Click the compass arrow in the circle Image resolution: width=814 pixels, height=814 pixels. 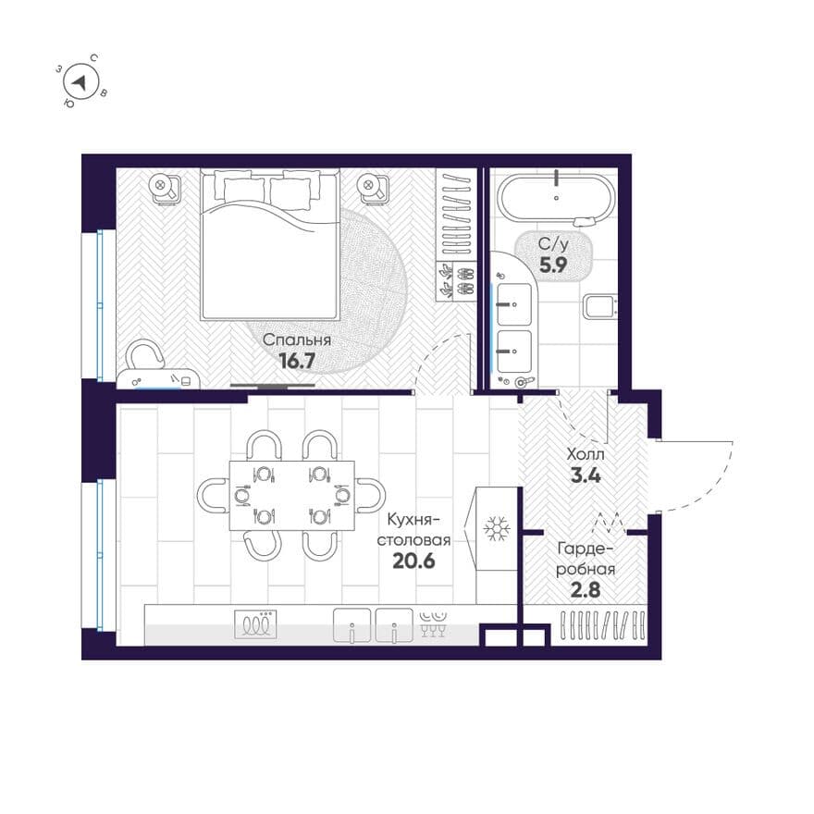click(x=80, y=82)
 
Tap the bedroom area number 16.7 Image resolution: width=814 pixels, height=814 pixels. click(x=297, y=360)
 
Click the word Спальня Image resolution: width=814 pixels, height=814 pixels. click(x=296, y=340)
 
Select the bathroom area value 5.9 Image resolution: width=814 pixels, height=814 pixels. click(x=553, y=265)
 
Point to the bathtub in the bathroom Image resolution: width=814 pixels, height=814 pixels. click(x=557, y=198)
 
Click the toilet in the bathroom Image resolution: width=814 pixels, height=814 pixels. click(x=600, y=306)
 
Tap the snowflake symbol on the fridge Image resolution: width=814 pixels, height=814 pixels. click(x=497, y=528)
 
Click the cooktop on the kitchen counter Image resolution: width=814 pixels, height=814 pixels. click(x=255, y=624)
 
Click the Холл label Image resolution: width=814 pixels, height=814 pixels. click(x=586, y=455)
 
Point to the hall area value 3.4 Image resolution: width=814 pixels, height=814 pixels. click(x=586, y=475)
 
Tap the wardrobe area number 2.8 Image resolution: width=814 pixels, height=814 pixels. click(x=586, y=590)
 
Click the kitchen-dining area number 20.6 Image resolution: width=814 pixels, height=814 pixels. click(x=413, y=561)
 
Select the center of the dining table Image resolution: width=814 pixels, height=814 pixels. click(x=292, y=496)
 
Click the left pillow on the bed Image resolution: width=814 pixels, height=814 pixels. click(x=243, y=190)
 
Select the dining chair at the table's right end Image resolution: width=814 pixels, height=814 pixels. click(x=371, y=496)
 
